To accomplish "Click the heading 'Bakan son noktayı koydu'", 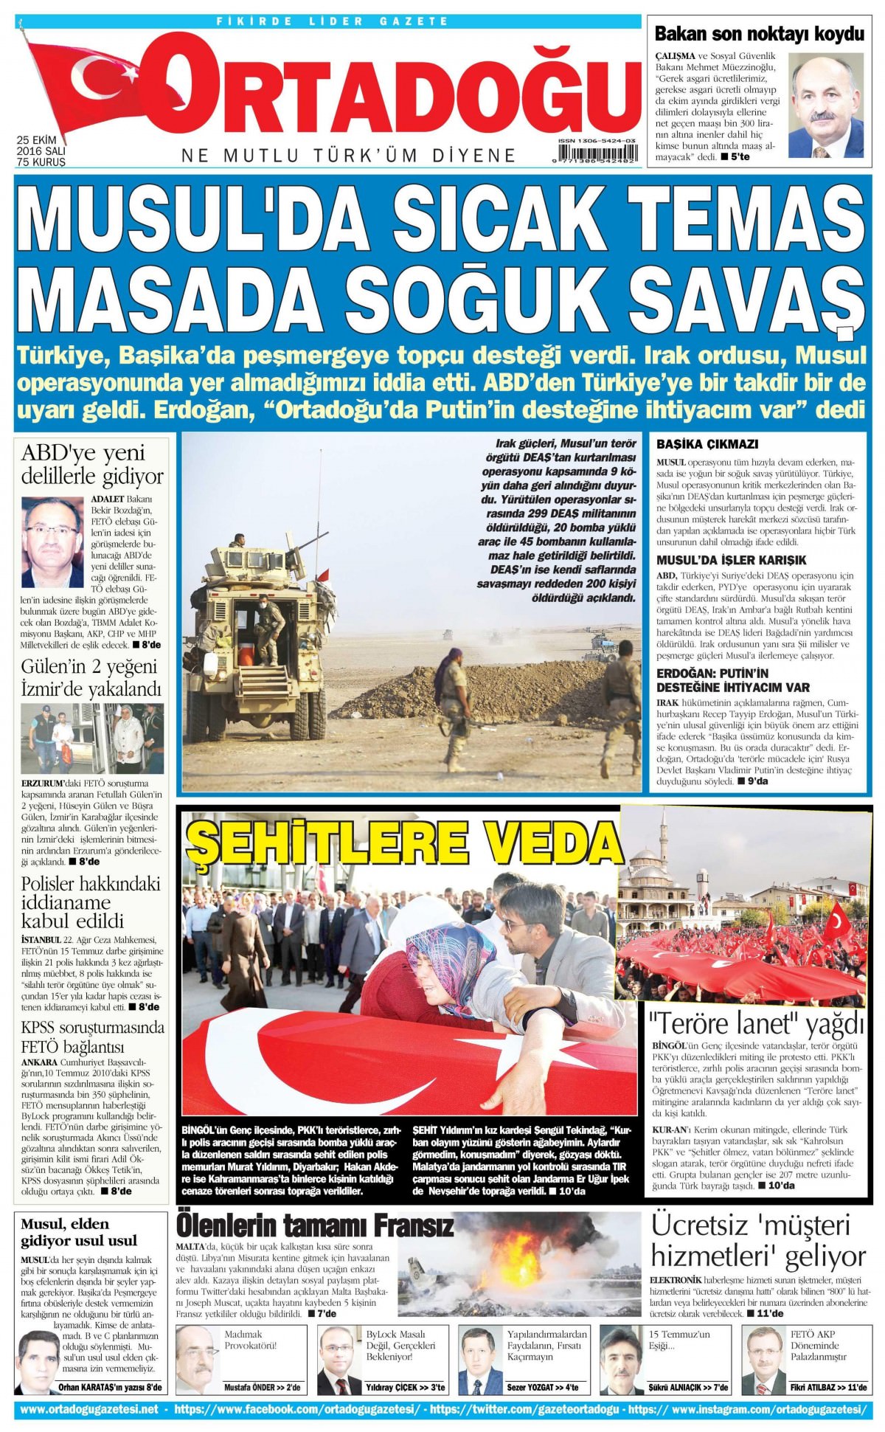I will [x=759, y=33].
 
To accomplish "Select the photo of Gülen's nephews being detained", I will [x=92, y=738].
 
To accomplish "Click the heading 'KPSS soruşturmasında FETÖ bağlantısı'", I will [x=92, y=1037].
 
